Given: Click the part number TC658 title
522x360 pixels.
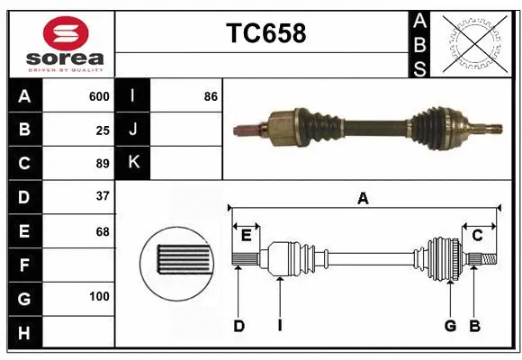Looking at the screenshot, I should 265,33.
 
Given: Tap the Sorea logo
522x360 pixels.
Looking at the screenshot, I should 58,42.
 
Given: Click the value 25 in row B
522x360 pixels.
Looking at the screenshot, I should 103,130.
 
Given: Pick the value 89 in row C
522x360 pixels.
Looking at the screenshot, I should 103,163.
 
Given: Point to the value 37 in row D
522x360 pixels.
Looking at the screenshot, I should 103,195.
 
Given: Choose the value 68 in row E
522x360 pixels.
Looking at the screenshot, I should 103,231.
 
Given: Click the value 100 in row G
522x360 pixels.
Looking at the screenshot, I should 99,296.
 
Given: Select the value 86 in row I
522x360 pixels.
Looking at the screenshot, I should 211,96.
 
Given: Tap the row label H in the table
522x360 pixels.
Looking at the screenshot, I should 23,333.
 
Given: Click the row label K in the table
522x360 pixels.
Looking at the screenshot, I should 133,163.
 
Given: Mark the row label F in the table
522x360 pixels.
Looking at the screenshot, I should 23,265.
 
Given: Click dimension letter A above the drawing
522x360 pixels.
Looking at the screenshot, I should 363,199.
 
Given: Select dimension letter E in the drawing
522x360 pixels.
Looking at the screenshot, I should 246,236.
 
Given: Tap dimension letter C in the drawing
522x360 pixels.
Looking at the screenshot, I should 477,236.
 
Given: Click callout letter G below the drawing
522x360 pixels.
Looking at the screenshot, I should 449,326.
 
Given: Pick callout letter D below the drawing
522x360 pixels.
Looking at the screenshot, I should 238,326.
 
